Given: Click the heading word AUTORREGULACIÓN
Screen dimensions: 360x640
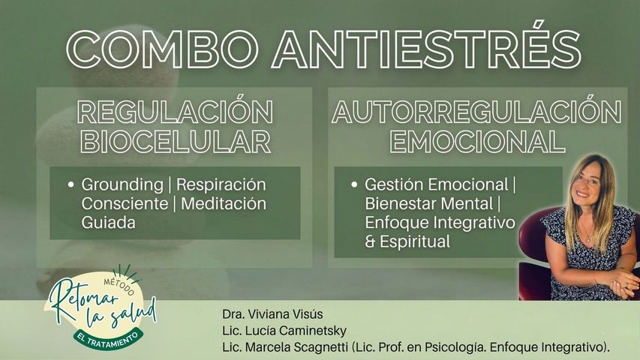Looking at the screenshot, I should click(477, 112).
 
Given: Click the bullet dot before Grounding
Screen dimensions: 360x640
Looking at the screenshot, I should click(70, 184).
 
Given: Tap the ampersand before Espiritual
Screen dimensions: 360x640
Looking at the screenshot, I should click(370, 242).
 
